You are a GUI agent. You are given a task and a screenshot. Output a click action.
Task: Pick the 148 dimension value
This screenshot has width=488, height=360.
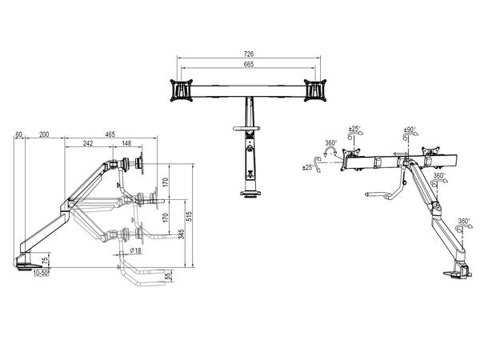click(127, 145)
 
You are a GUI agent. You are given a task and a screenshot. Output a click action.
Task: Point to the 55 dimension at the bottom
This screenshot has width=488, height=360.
click(168, 276)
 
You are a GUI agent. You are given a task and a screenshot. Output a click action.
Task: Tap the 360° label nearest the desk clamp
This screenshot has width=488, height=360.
click(465, 221)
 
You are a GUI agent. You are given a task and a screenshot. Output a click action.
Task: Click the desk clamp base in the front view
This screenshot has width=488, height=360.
click(250, 193)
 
